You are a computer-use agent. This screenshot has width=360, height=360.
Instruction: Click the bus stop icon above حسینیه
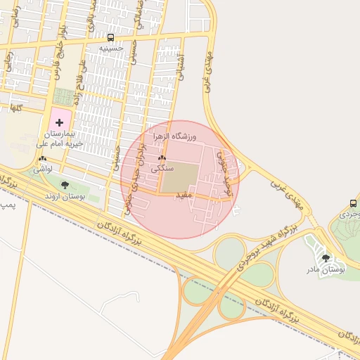(110, 37)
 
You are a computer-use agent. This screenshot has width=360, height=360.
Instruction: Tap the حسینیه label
(111, 48)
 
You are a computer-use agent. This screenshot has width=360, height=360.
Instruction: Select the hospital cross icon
(59, 122)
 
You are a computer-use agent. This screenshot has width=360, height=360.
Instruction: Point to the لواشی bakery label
(43, 169)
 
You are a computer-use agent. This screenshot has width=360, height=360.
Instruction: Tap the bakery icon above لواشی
(43, 159)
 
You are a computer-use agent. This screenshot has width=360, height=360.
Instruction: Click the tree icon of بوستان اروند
(65, 185)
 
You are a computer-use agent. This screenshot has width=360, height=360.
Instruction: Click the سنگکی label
(162, 169)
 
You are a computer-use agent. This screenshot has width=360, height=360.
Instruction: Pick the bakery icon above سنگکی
(162, 158)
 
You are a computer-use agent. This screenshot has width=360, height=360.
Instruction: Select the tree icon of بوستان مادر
(325, 258)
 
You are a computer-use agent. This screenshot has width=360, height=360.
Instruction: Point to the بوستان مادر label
(326, 269)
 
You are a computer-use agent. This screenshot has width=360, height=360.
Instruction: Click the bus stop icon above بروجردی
(353, 203)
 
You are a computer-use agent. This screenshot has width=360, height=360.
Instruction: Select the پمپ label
(6, 205)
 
